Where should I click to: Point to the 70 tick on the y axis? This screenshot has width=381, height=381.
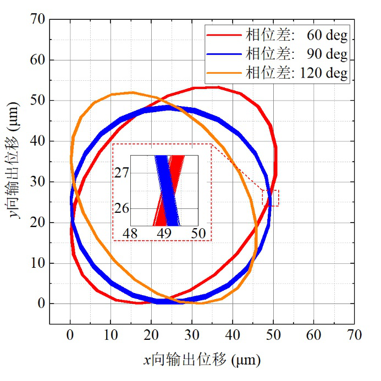pos(37,19)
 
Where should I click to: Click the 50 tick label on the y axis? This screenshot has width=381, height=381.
pos(37,101)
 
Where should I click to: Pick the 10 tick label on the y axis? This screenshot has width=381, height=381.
pos(37,263)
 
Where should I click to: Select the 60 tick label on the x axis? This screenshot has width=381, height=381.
pos(313,334)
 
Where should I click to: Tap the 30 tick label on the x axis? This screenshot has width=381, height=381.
pos(191,334)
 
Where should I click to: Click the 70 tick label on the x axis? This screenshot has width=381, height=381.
pos(354,334)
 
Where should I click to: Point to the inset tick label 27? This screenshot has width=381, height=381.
pos(122,173)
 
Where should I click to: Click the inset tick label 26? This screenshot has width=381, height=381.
pos(122,208)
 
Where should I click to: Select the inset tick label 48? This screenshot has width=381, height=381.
pos(130,234)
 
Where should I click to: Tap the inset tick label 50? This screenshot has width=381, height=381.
pos(198,234)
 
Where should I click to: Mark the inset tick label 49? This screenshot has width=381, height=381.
pos(164,234)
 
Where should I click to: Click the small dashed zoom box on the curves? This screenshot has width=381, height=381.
pos(270,198)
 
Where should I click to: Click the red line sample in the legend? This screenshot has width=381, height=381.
pos(224,36)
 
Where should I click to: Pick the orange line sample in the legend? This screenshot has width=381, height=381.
pos(224,73)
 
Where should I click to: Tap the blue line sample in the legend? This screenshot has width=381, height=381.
pos(224,54)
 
